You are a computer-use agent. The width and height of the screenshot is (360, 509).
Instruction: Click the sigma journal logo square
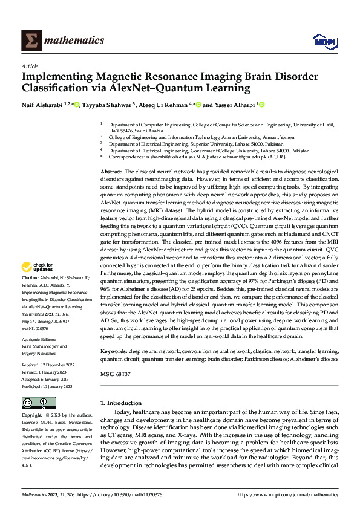pyautogui.click(x=30, y=41)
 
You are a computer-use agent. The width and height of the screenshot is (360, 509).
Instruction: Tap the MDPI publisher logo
pyautogui.click(x=321, y=41)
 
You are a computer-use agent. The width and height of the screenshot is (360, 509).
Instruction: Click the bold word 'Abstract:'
pyautogui.click(x=112, y=172)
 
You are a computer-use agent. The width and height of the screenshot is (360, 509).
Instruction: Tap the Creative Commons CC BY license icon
pyautogui.click(x=38, y=403)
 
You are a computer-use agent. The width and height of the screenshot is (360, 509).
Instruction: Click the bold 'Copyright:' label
pyautogui.click(x=31, y=416)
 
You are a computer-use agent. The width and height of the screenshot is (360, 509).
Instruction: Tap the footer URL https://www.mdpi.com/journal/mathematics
pyautogui.click(x=288, y=494)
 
